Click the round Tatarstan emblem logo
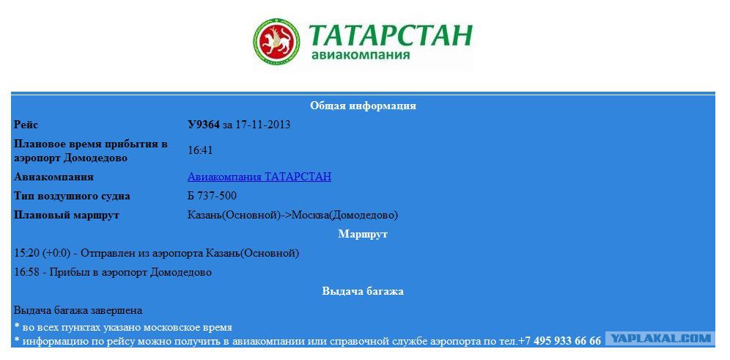click(276, 42)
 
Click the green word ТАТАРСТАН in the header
click(390, 35)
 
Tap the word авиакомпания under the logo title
click(361, 55)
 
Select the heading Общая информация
click(363, 106)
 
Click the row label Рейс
click(26, 125)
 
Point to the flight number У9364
click(204, 125)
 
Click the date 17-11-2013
click(263, 125)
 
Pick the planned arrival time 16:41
click(200, 150)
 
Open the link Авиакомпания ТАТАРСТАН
click(259, 177)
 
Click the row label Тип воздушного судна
click(72, 196)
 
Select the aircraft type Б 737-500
click(212, 196)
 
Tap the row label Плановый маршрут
click(67, 215)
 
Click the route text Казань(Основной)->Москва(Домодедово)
click(293, 215)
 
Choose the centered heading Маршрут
click(363, 234)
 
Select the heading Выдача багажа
click(363, 292)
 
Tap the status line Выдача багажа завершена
click(78, 310)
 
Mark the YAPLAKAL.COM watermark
click(660, 339)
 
